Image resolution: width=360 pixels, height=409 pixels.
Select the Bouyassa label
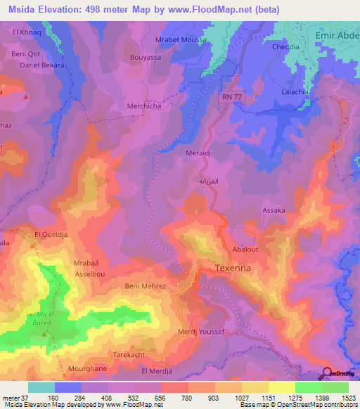146,58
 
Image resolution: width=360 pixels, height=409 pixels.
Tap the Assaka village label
274,210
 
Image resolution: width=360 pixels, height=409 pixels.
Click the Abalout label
245,249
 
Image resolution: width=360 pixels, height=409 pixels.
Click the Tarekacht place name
129,356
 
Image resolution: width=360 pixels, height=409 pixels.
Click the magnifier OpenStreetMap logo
327,372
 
